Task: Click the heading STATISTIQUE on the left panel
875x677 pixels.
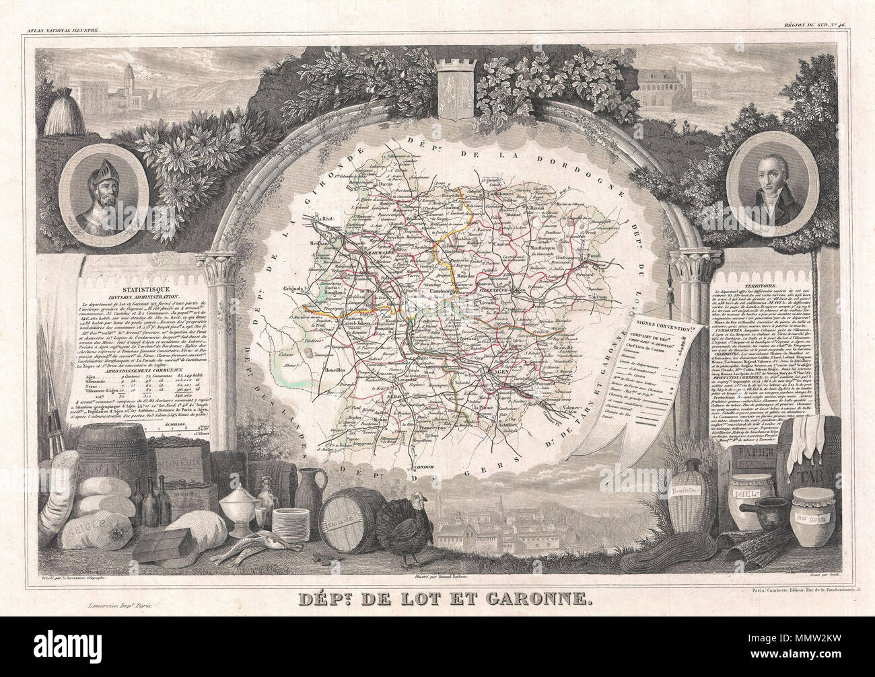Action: coord(120,286)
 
